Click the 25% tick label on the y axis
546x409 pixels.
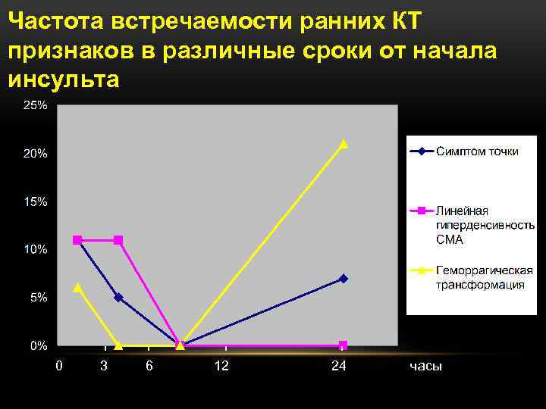click(35, 106)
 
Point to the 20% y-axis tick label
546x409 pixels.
click(35, 154)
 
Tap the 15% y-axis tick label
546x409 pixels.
click(35, 202)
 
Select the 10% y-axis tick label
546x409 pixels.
click(35, 250)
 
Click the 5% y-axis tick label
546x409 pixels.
click(38, 298)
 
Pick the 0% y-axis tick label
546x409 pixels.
click(38, 346)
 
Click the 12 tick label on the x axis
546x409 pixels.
click(221, 367)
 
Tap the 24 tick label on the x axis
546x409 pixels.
click(339, 367)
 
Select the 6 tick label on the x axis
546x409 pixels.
click(149, 367)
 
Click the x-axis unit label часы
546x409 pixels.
click(425, 367)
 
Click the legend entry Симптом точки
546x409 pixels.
click(477, 151)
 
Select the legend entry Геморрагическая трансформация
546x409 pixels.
click(484, 277)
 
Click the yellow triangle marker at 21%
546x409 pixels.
click(344, 143)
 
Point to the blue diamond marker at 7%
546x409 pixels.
click(344, 279)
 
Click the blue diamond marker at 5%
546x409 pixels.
click(118, 298)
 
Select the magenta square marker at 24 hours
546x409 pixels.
click(344, 345)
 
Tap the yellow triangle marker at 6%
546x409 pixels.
click(77, 288)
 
